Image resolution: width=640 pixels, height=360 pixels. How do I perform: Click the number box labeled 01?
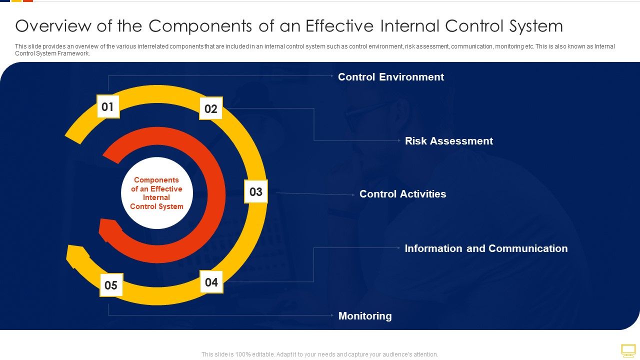tap(108, 106)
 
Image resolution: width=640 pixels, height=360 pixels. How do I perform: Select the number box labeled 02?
tap(211, 108)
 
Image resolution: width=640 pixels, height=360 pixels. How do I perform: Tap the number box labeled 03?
tap(255, 191)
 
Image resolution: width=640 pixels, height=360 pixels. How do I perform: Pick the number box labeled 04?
tap(211, 282)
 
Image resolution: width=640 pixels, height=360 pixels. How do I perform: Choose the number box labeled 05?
tap(111, 285)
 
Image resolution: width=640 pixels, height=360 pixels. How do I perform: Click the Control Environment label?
tap(390, 77)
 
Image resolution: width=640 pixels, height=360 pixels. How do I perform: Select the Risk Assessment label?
tap(448, 141)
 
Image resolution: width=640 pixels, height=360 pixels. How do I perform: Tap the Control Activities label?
tap(402, 194)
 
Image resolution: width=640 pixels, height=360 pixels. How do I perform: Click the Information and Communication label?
tap(485, 248)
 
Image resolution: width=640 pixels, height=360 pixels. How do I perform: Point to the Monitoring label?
tap(365, 316)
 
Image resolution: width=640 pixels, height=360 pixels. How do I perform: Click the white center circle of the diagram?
tap(157, 193)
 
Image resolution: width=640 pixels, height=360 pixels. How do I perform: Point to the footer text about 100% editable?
tap(319, 354)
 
